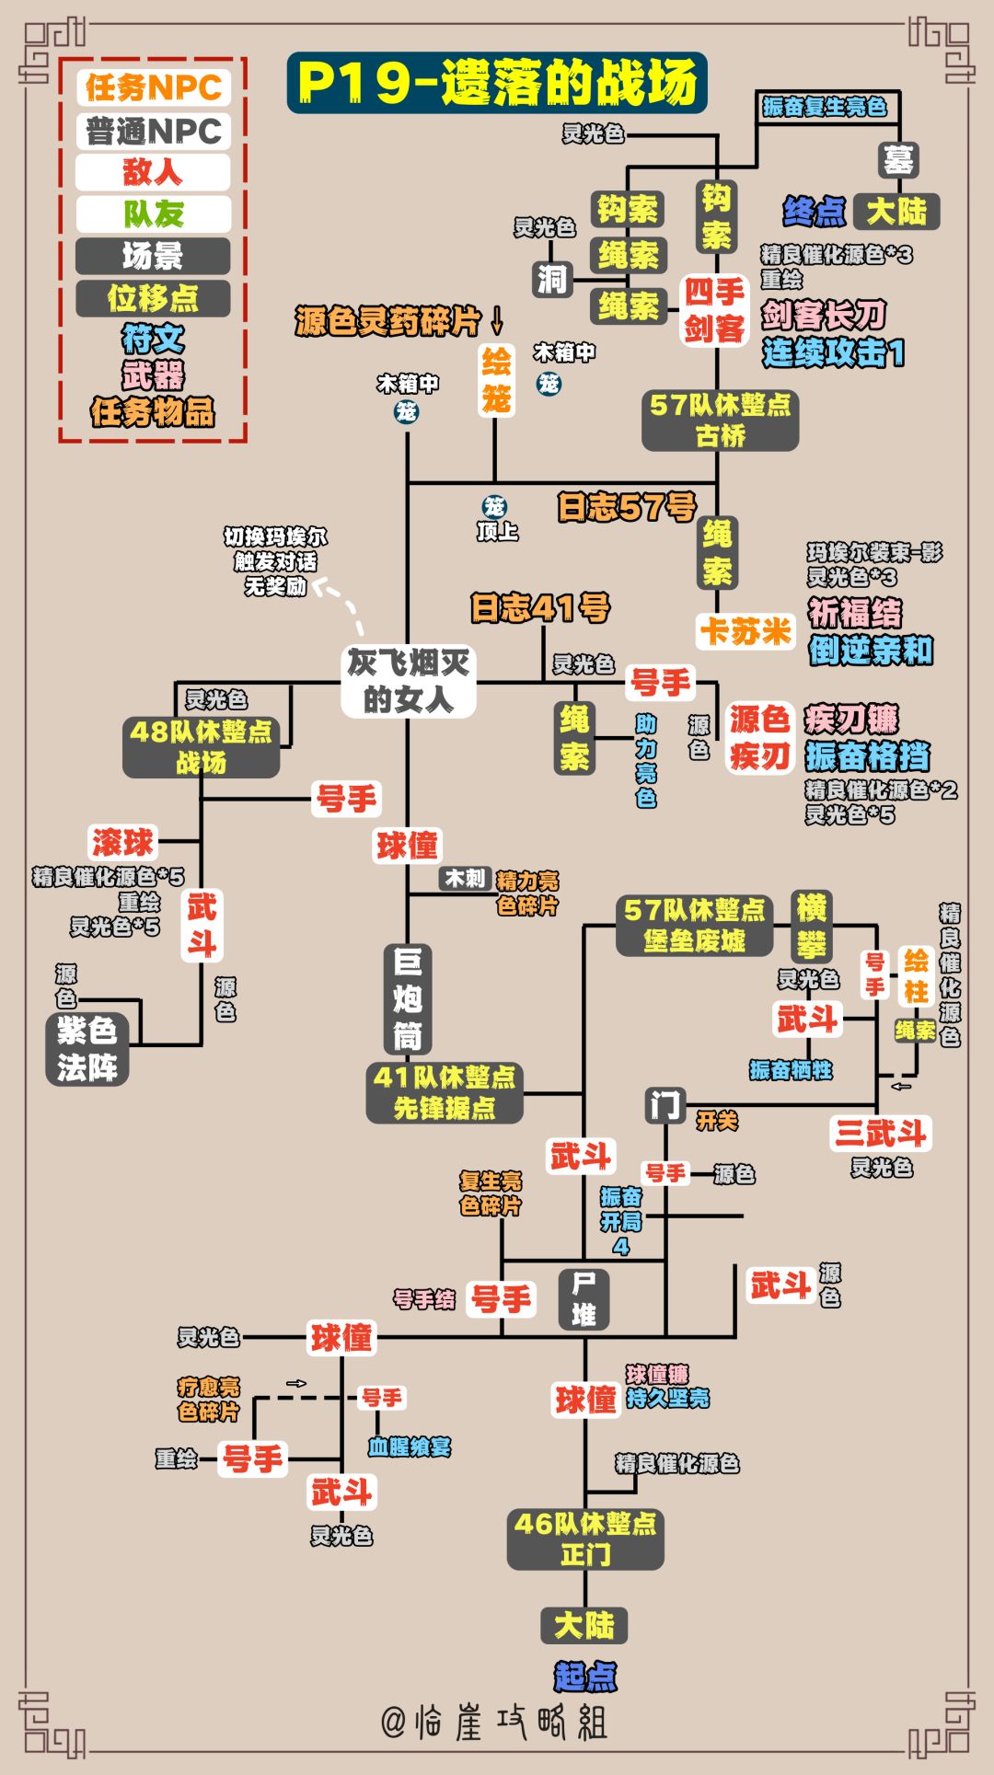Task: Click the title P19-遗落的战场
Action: pos(497,83)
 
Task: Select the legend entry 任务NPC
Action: pos(154,88)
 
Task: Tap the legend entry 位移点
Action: pos(153,298)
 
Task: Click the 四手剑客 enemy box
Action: pos(714,310)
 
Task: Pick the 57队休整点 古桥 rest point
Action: pos(720,420)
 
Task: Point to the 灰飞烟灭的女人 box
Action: pos(408,681)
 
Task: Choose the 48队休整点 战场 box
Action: pos(202,746)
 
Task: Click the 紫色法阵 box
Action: pos(87,1049)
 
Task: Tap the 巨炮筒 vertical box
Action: pos(407,999)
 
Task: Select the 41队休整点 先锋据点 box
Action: pos(445,1092)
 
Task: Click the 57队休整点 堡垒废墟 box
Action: pos(694,925)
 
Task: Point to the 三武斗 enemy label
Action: pos(880,1133)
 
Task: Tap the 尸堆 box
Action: pos(584,1298)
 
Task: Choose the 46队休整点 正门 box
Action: pos(585,1539)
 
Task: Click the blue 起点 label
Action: pos(585,1676)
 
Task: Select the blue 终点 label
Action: pos(814,212)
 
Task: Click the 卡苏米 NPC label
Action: pos(745,631)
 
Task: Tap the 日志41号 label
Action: pos(540,607)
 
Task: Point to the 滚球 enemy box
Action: pos(123,841)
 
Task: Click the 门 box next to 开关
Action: pos(665,1104)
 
